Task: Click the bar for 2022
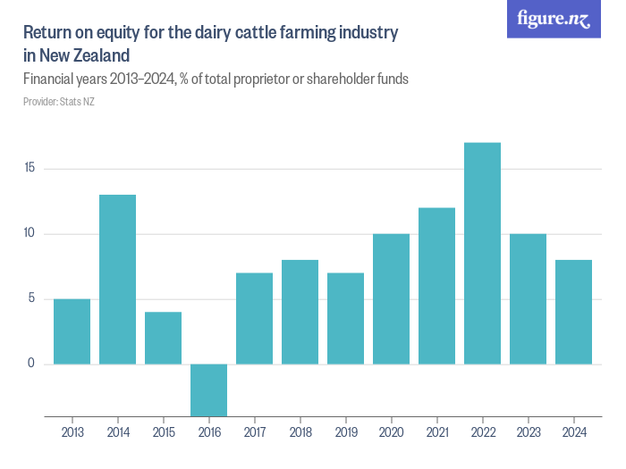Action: coord(482,253)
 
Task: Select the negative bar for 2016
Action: coord(208,389)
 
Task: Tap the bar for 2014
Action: coord(117,279)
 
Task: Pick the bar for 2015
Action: coord(163,338)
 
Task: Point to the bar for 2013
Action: coord(72,331)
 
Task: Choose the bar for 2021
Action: coord(436,286)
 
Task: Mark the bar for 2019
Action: coord(345,318)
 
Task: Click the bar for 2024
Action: coord(573,312)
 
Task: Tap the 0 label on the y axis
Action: coord(32,364)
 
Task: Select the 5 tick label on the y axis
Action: coord(32,298)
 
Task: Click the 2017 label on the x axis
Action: coord(254,433)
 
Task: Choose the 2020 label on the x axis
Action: coord(391,433)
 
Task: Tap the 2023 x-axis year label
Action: coord(528,433)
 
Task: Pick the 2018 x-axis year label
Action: coord(300,433)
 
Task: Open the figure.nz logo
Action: coord(554,20)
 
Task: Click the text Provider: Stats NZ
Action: coord(59,102)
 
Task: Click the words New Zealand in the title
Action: coord(85,55)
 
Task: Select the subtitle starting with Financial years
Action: coord(216,79)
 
